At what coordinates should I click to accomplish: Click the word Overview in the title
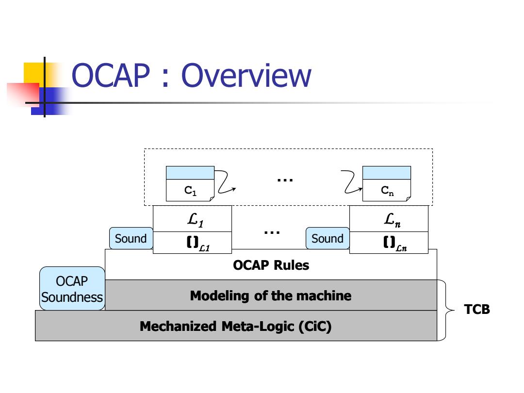[x=246, y=76]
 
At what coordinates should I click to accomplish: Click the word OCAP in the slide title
[x=111, y=76]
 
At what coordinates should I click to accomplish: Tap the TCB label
[x=477, y=310]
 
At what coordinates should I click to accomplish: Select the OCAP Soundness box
[x=72, y=288]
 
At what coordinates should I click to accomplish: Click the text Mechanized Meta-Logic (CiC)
[x=236, y=326]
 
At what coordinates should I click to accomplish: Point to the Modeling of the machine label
[x=271, y=296]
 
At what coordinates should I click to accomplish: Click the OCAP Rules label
[x=271, y=265]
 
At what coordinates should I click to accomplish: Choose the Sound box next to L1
[x=131, y=238]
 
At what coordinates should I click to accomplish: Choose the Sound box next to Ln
[x=327, y=238]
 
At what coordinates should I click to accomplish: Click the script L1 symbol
[x=195, y=220]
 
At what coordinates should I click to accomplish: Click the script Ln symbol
[x=392, y=220]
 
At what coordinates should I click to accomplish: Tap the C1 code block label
[x=191, y=191]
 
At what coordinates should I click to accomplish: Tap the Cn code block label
[x=387, y=191]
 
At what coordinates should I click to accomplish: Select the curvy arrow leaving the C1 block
[x=225, y=182]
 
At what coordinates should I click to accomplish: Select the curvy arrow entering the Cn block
[x=351, y=182]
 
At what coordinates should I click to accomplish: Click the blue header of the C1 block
[x=190, y=173]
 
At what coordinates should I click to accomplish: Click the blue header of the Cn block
[x=387, y=173]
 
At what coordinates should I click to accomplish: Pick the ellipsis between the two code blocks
[x=285, y=180]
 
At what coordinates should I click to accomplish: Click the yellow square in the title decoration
[x=34, y=74]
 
